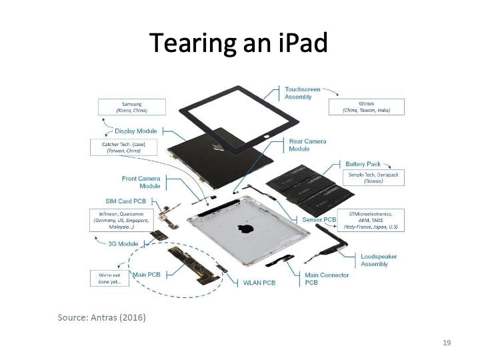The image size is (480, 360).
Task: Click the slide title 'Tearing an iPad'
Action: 239,43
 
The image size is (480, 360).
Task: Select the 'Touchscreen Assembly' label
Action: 303,93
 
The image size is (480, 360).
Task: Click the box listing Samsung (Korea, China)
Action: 131,107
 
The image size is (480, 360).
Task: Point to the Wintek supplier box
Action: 366,107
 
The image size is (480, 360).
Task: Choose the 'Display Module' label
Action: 136,131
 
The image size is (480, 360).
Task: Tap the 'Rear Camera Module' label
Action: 307,145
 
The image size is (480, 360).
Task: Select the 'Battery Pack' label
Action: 363,163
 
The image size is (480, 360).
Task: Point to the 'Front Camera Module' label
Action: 141,183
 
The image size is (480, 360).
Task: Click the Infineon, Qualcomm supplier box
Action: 121,220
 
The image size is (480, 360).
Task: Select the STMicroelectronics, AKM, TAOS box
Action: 371,220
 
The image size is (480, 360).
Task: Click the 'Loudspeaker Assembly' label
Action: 379,260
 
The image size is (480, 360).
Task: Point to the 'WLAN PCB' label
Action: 259,283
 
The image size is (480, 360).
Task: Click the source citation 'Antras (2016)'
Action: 101,317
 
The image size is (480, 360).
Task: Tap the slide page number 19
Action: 447,343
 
